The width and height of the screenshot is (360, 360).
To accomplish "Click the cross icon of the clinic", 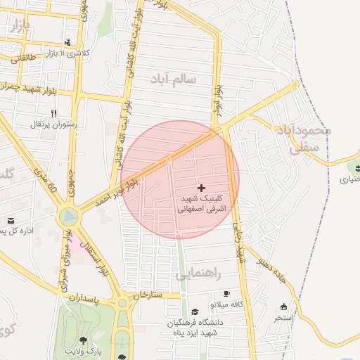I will (202, 188).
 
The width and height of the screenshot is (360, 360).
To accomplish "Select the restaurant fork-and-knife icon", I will (53, 112).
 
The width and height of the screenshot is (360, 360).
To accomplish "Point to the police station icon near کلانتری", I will (67, 42).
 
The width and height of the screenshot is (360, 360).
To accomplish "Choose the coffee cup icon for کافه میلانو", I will (226, 293).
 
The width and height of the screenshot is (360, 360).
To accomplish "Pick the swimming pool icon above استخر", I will (284, 307).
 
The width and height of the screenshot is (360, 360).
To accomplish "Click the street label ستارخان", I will (146, 295).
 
